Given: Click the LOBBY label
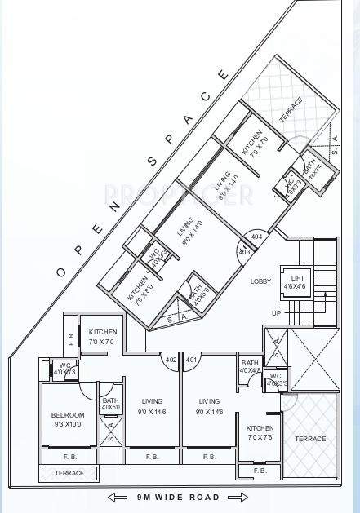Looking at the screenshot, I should pyautogui.click(x=260, y=281).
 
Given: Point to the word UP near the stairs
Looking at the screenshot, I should pyautogui.click(x=277, y=313).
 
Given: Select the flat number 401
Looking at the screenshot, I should pyautogui.click(x=191, y=359).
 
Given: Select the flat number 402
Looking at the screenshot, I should pyautogui.click(x=171, y=359).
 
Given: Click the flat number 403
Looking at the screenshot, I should pyautogui.click(x=244, y=252).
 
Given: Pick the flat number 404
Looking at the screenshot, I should pyautogui.click(x=257, y=237).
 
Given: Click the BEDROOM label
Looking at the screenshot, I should pyautogui.click(x=68, y=415).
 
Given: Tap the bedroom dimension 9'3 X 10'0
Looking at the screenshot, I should pyautogui.click(x=68, y=424).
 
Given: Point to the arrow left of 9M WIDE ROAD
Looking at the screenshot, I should pyautogui.click(x=120, y=497).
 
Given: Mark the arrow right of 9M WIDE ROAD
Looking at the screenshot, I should pyautogui.click(x=238, y=497).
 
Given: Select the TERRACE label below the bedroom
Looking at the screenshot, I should pyautogui.click(x=69, y=473).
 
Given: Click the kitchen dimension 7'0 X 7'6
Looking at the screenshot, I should pyautogui.click(x=260, y=438).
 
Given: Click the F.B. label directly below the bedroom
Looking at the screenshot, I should pyautogui.click(x=69, y=457).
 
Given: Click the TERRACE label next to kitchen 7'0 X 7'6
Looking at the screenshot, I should pyautogui.click(x=310, y=439).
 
